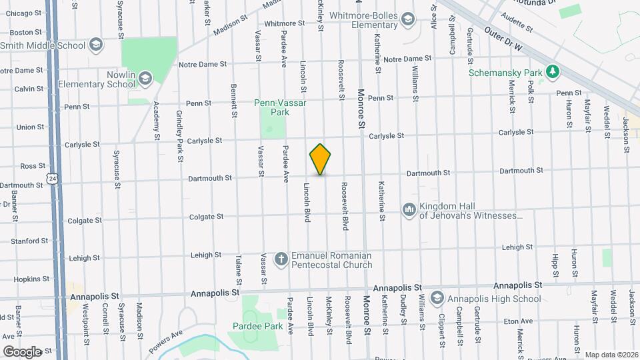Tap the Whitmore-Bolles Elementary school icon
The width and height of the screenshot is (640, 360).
click(x=407, y=20)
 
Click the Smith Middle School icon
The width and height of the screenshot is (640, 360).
click(x=96, y=45)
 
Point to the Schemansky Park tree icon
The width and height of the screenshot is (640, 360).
click(x=551, y=71)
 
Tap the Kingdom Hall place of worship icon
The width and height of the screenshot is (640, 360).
click(x=409, y=210)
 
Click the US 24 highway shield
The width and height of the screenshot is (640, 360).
click(x=52, y=177)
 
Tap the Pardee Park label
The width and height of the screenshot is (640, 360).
click(x=250, y=326)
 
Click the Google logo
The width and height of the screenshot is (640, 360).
click(x=22, y=351)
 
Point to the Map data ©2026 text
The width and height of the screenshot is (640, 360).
click(x=611, y=355)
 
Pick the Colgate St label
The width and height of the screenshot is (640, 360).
click(x=206, y=217)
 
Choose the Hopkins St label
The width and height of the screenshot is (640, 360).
click(x=28, y=279)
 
